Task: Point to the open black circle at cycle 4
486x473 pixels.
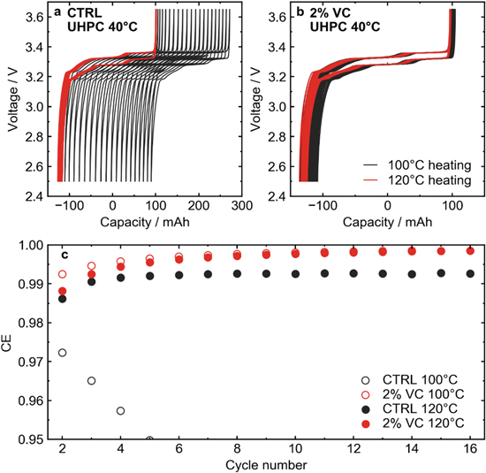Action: pos(120,411)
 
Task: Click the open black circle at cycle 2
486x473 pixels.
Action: pos(62,353)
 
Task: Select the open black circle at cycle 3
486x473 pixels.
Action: pos(91,381)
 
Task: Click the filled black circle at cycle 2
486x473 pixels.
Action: pos(62,299)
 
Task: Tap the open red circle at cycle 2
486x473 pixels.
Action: pos(62,274)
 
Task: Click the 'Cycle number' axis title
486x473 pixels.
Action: pos(265,464)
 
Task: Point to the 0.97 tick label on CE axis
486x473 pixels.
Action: pos(35,362)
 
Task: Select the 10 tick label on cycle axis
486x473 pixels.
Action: pos(295,449)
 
